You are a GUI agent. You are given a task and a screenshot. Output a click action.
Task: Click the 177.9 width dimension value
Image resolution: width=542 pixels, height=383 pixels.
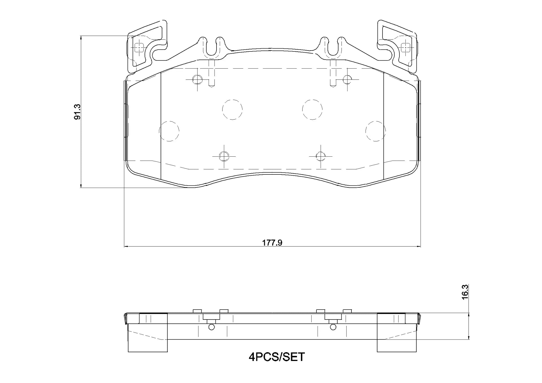point(272,242)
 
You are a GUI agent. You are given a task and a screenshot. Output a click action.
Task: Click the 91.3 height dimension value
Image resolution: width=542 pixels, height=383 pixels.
point(77,112)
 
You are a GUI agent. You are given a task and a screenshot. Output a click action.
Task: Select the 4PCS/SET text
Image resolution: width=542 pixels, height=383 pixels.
point(277,357)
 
